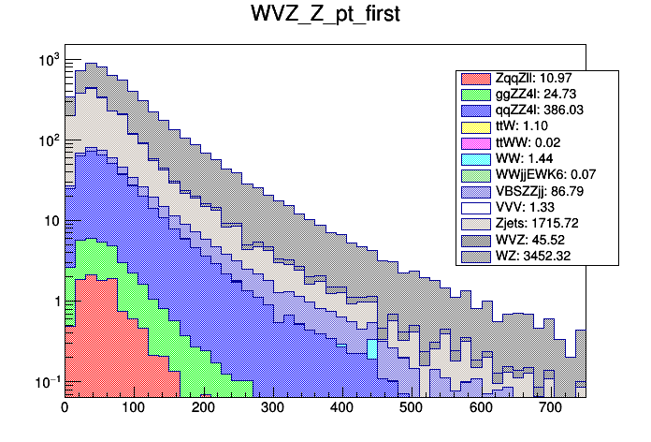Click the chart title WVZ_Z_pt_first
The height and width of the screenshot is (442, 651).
pyautogui.click(x=325, y=17)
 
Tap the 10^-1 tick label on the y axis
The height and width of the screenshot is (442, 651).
pyautogui.click(x=47, y=381)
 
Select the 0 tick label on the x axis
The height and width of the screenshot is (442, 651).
pyautogui.click(x=65, y=408)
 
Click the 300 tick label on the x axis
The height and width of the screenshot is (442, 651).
pyautogui.click(x=272, y=408)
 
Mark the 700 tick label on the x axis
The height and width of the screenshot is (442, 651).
pyautogui.click(x=550, y=408)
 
